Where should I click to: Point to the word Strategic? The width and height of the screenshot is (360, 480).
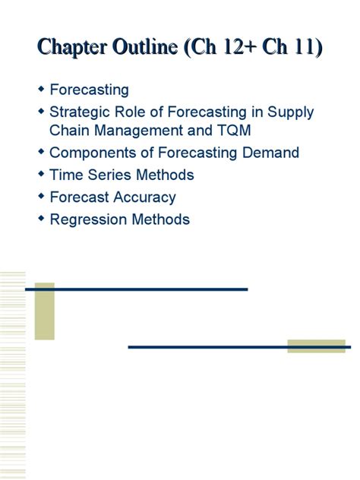coord(81,112)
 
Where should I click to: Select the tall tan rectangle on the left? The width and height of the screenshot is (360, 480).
coord(45,311)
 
